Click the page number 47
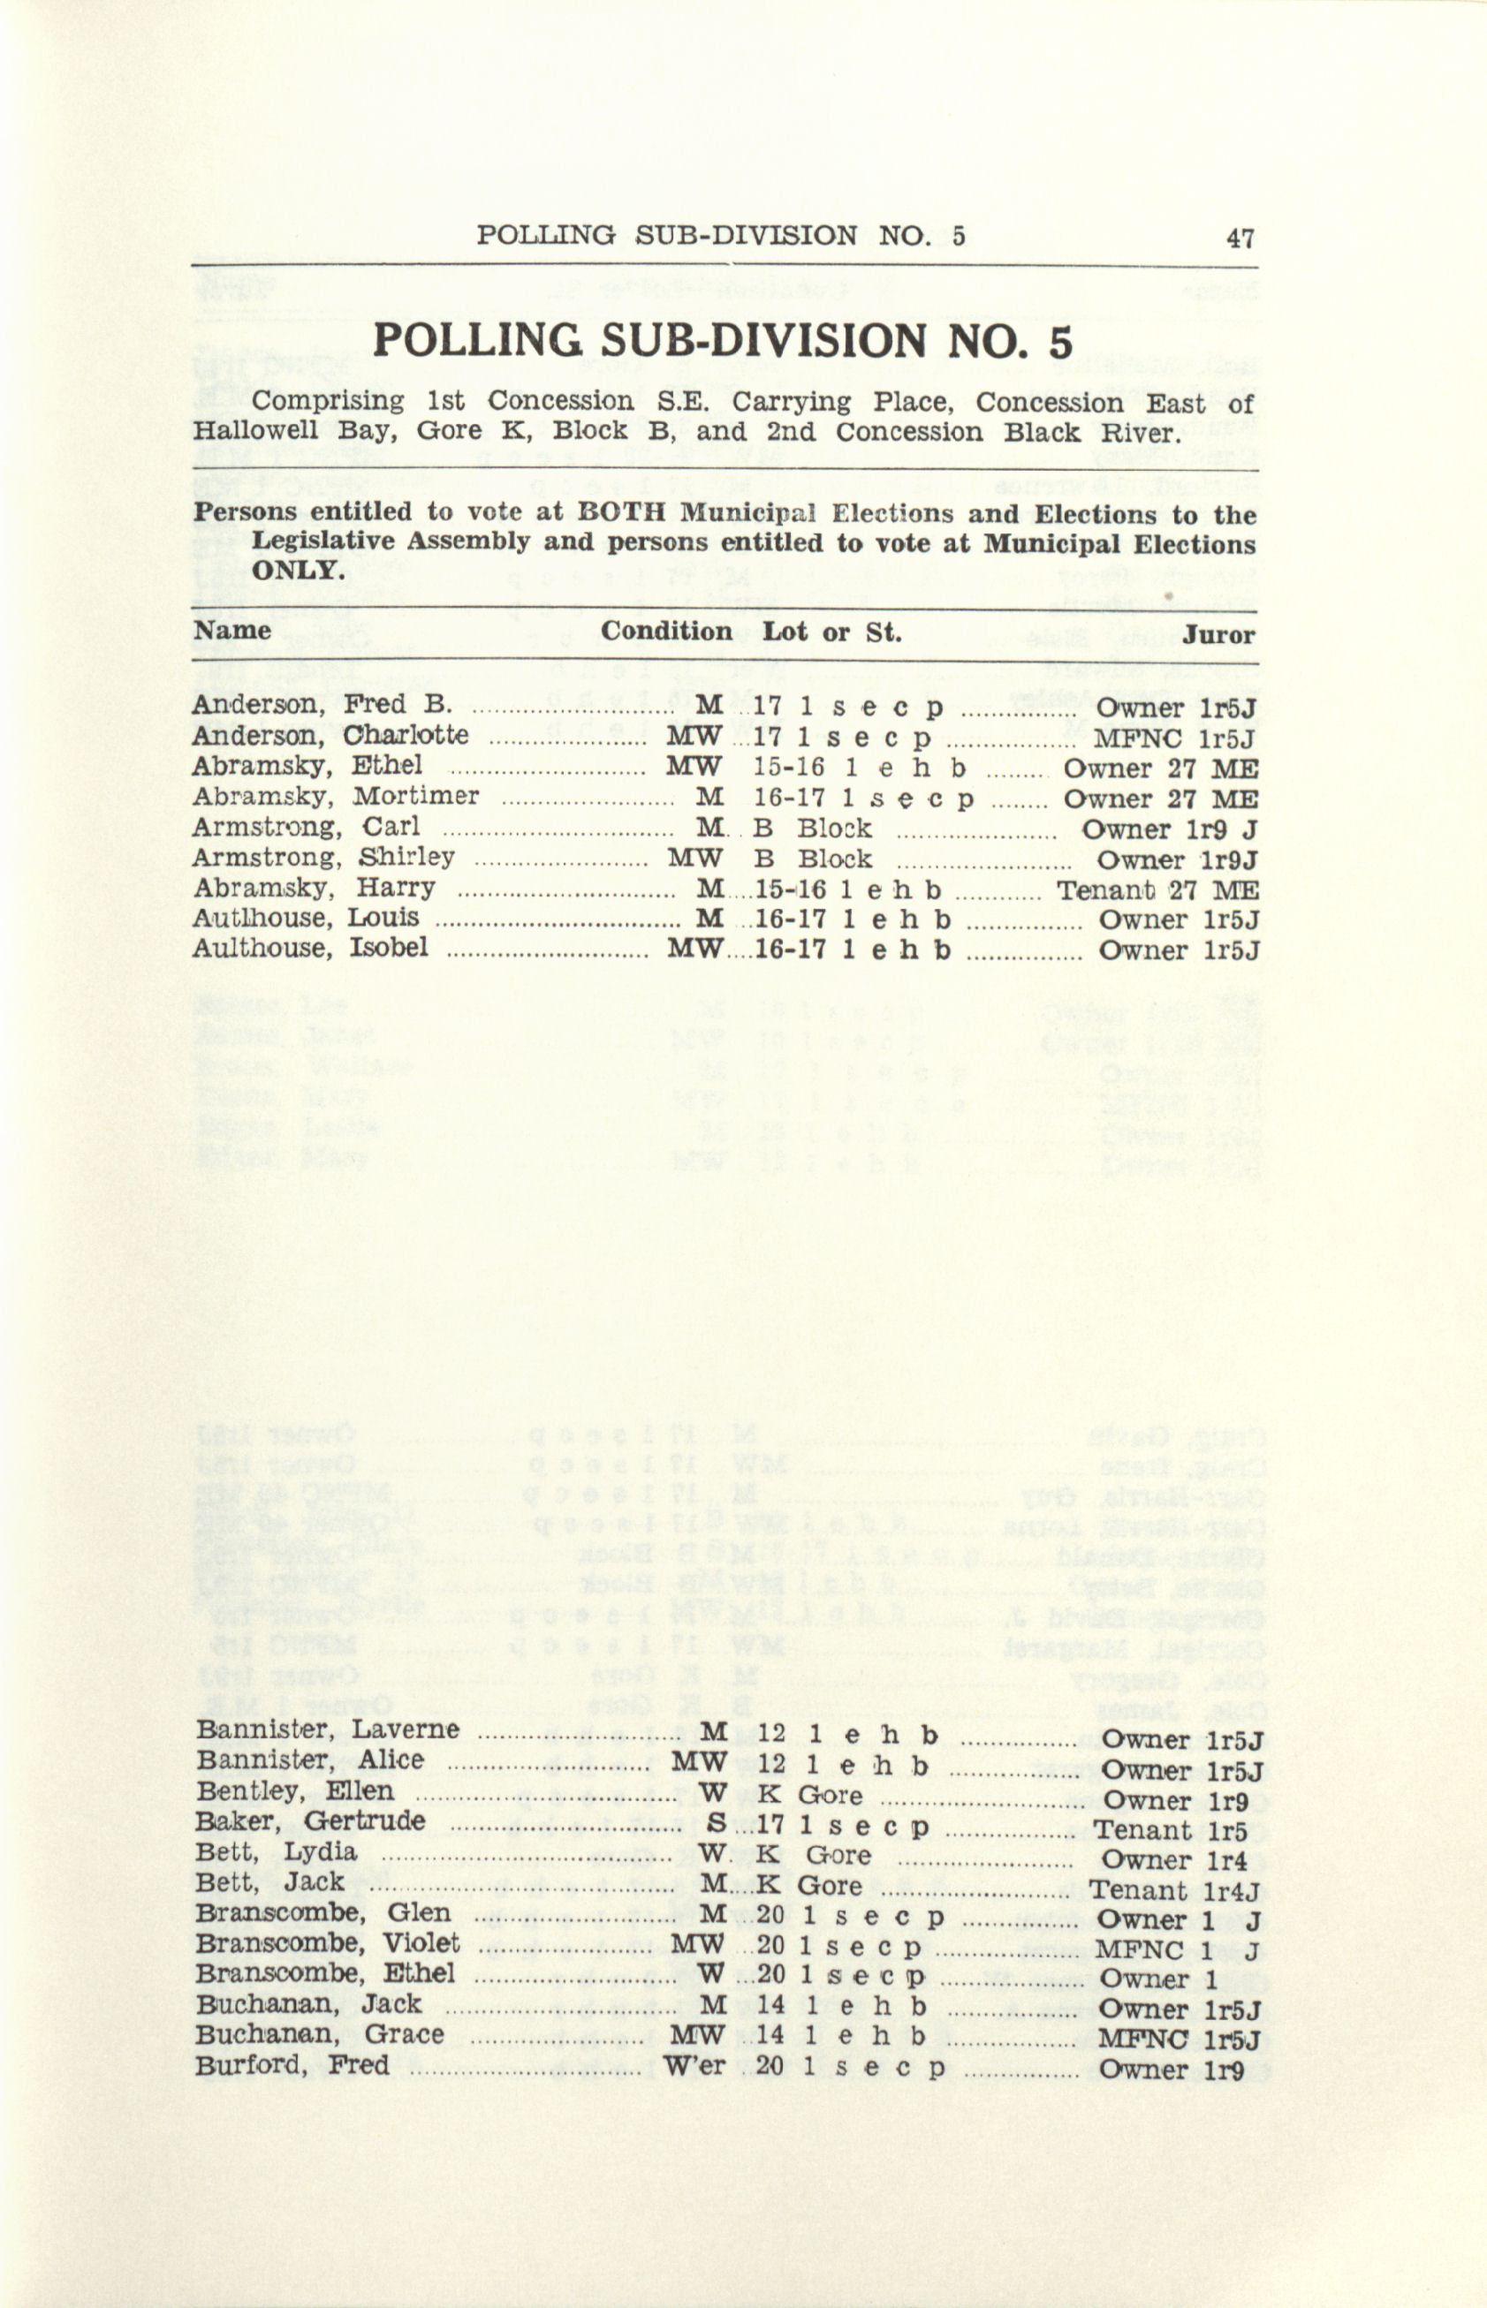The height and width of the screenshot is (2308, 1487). (x=1240, y=238)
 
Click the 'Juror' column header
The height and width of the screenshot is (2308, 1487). (x=1219, y=635)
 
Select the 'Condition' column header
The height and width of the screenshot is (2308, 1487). (x=665, y=632)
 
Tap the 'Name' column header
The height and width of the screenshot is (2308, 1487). (x=232, y=632)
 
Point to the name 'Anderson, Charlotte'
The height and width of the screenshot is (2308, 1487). (x=330, y=737)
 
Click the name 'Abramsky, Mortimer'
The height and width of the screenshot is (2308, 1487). (x=335, y=798)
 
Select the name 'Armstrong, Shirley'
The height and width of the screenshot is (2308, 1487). (x=322, y=859)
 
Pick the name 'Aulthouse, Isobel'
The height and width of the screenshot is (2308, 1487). (x=309, y=949)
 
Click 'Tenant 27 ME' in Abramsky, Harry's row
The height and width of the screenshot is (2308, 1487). (x=1157, y=890)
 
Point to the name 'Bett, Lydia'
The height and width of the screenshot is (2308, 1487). (x=277, y=1853)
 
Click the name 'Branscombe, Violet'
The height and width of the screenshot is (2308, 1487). (x=327, y=1943)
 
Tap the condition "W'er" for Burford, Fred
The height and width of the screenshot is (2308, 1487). (x=694, y=2067)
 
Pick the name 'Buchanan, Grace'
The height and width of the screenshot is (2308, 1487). (x=320, y=2035)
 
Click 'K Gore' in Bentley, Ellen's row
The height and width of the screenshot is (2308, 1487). (x=810, y=1796)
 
